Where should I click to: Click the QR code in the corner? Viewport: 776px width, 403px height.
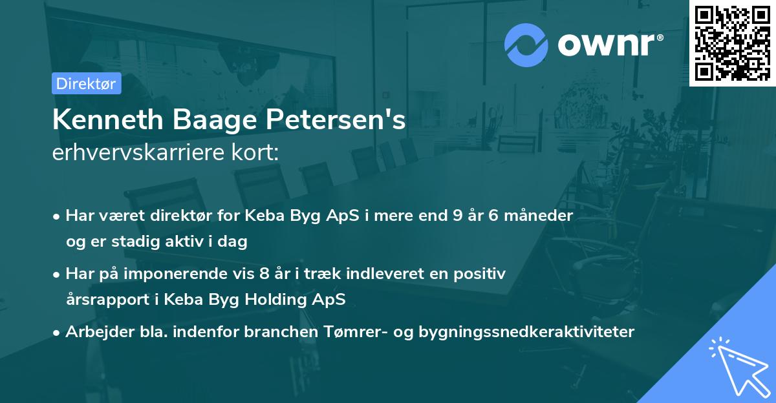click(732, 43)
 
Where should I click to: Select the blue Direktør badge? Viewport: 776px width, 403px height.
click(86, 83)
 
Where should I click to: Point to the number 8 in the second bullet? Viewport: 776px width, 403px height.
click(264, 274)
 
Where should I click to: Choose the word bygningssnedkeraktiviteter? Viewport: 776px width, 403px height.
click(527, 332)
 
